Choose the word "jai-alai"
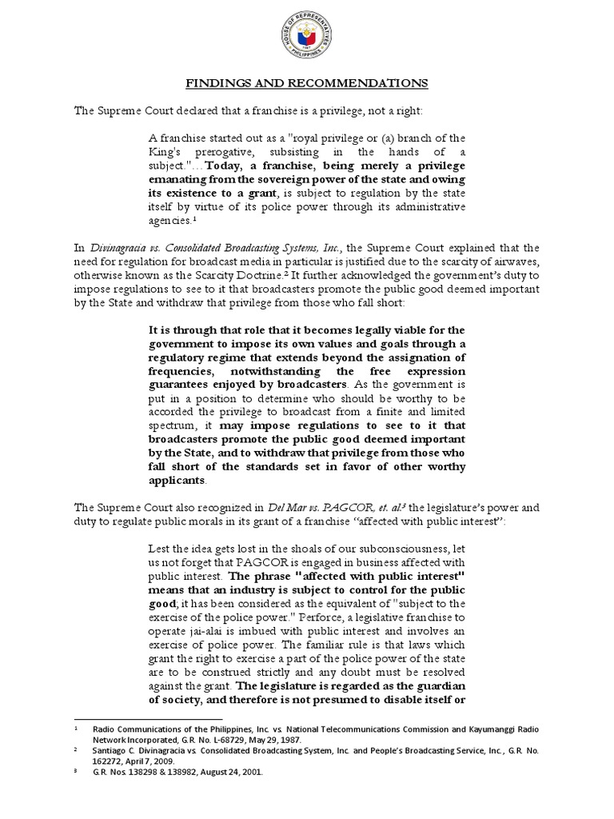(x=198, y=632)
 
